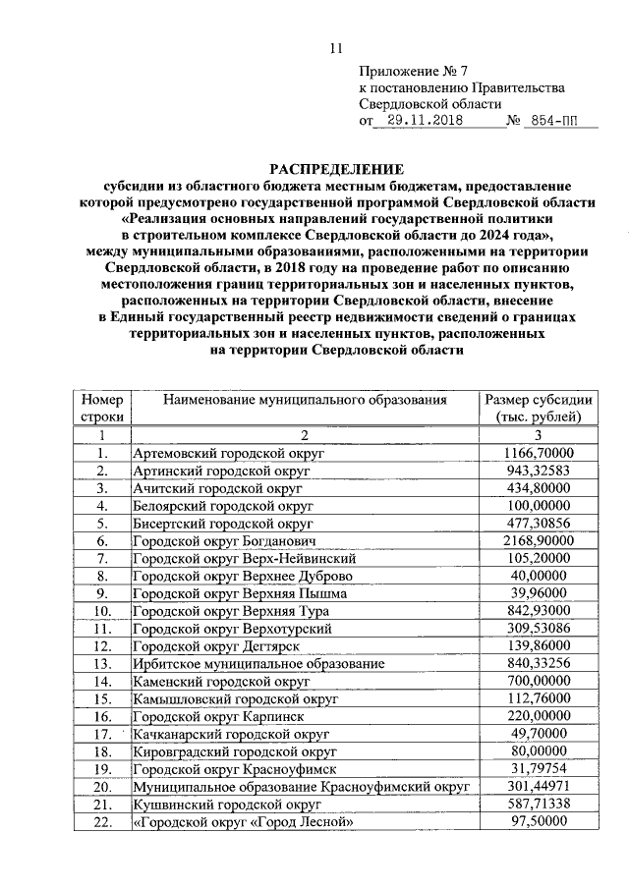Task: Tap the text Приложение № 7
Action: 406,71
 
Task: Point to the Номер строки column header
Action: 102,408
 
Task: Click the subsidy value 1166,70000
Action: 538,453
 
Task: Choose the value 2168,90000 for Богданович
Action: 538,540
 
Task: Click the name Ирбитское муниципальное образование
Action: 258,663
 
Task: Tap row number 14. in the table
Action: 102,681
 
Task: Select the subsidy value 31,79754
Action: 538,768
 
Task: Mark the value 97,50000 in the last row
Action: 538,821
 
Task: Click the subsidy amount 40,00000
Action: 538,575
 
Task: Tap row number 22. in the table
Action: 102,821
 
